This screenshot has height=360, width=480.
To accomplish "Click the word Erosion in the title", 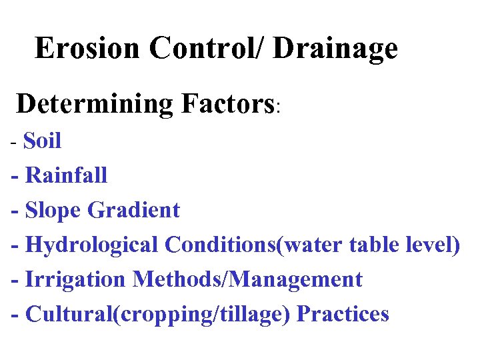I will click(88, 48).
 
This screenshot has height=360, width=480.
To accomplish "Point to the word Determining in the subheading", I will click(95, 104).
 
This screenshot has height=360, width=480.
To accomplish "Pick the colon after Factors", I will click(280, 107).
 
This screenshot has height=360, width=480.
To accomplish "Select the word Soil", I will click(42, 141).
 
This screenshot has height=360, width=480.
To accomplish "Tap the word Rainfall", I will click(66, 175).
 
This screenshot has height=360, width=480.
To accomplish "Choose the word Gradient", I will click(134, 210).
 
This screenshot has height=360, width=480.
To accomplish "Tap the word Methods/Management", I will click(247, 279).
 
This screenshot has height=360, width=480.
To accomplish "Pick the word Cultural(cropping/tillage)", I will click(158, 314).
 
